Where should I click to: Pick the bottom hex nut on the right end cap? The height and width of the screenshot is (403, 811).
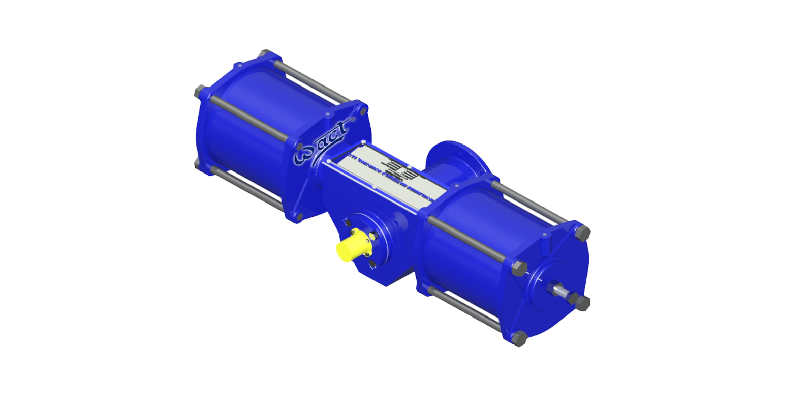coord(518,338)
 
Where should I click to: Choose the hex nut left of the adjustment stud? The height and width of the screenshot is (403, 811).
coord(518,268)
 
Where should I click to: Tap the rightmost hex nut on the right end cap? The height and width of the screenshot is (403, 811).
coord(583,303)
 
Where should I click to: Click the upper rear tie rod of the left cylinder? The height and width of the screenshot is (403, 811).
coord(310,81)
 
